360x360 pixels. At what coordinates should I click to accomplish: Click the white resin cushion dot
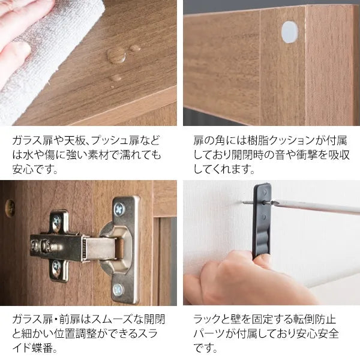point(290,32)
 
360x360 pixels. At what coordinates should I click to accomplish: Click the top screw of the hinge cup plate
point(119,209)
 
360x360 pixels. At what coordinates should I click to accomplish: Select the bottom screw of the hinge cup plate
point(118,290)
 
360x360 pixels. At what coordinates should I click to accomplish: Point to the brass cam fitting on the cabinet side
point(10,208)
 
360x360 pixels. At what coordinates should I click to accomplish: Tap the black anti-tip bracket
point(262,219)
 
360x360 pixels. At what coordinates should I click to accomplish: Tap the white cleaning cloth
point(46,58)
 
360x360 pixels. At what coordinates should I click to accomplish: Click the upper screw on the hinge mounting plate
point(56,221)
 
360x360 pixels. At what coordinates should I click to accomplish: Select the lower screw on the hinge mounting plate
point(56,266)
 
